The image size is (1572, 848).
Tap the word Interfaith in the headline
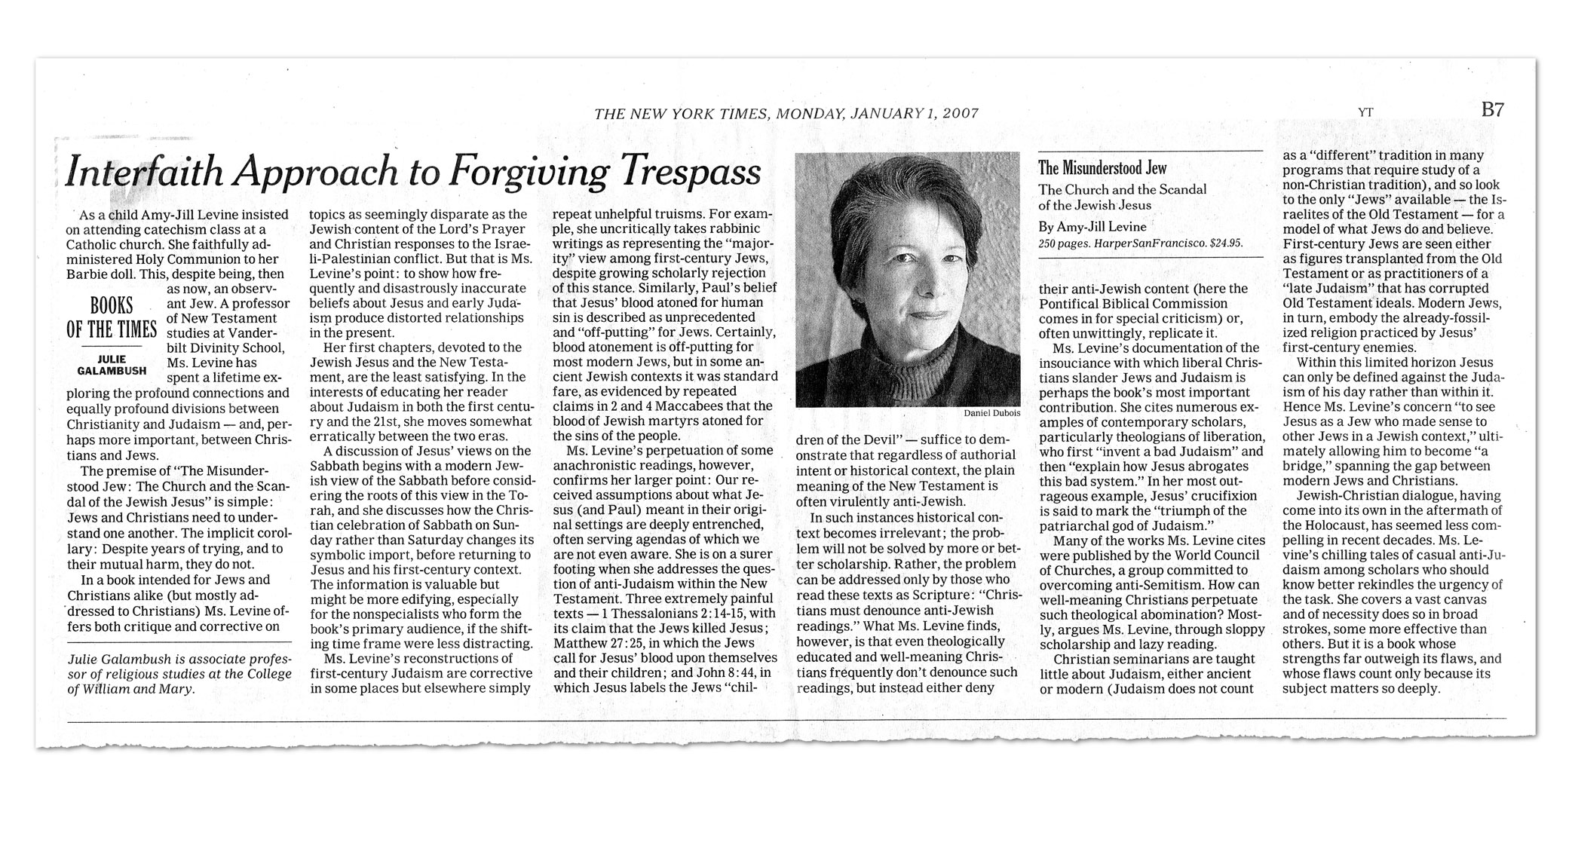142,173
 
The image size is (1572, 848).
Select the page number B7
1493,110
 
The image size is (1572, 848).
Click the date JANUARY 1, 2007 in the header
914,114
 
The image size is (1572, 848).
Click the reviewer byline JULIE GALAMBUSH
112,365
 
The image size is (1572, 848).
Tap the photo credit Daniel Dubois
991,413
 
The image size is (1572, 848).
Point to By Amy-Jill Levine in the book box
1092,226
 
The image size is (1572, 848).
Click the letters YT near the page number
1365,112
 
